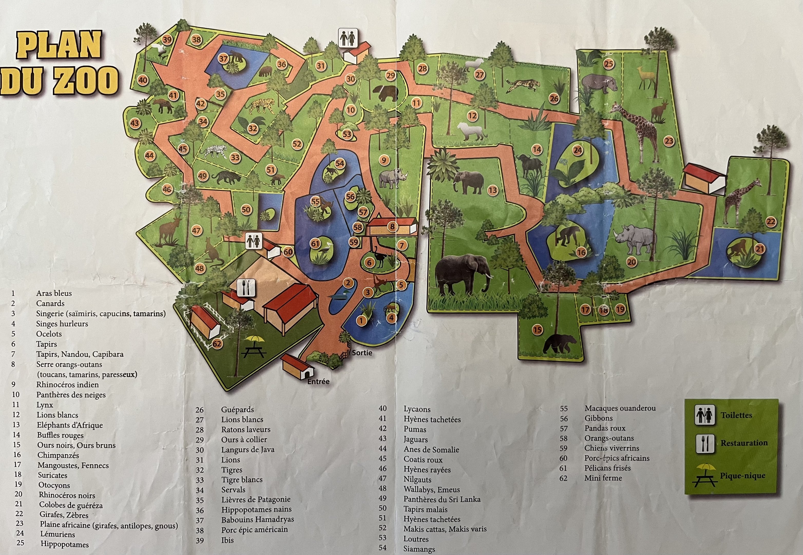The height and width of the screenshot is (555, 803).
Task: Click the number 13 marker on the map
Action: click(493, 190)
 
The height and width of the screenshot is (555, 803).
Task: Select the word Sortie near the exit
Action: click(362, 353)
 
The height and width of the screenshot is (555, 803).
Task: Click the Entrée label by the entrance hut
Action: click(318, 382)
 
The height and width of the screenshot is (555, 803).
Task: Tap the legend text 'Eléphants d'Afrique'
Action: click(70, 425)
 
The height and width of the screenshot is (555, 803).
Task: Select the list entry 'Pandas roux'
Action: click(605, 428)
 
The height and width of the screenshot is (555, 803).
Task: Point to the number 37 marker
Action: click(223, 59)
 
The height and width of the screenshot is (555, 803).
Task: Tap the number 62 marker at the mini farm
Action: click(217, 344)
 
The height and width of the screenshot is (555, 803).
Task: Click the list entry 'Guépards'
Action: click(237, 410)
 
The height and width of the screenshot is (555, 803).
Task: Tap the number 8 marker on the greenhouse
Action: click(392, 227)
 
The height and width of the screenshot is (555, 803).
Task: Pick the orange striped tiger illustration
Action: click(262, 105)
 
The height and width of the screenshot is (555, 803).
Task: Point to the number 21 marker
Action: click(760, 249)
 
